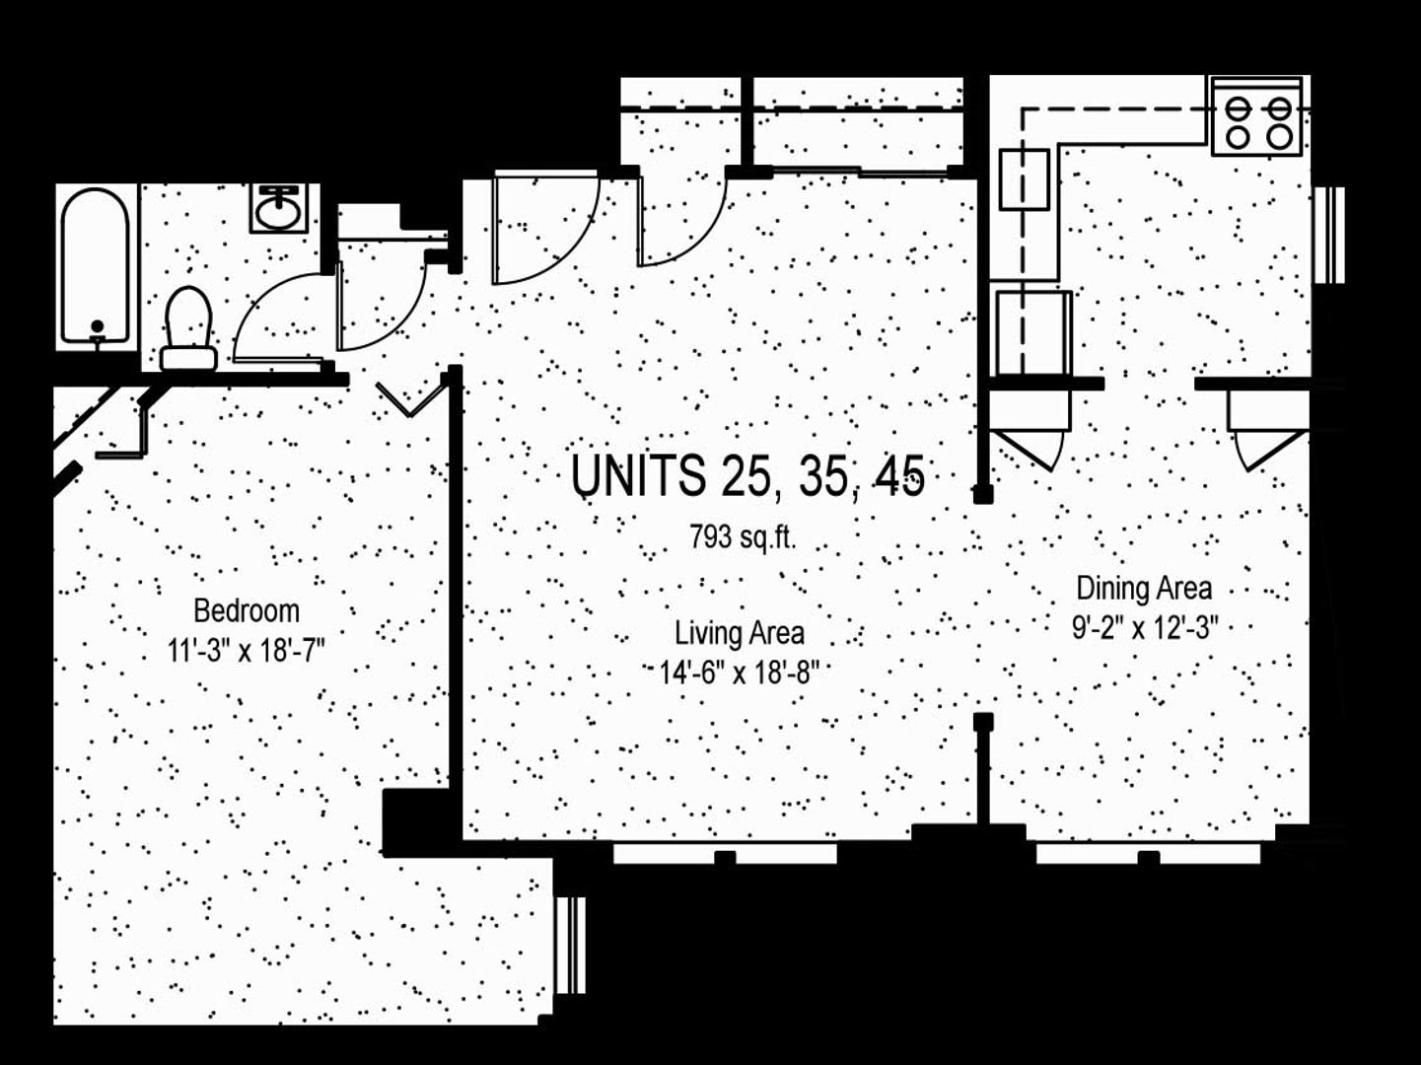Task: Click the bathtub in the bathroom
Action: click(x=95, y=266)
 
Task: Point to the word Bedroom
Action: click(x=246, y=611)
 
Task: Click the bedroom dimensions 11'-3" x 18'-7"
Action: click(x=246, y=651)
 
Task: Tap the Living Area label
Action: click(x=739, y=632)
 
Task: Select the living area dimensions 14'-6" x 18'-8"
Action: click(x=739, y=674)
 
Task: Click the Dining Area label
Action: click(x=1143, y=589)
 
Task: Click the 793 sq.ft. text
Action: click(x=743, y=537)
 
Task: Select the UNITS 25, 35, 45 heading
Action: click(x=747, y=476)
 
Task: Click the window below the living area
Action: click(x=725, y=853)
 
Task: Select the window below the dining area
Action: click(x=1148, y=853)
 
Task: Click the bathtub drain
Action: click(x=97, y=326)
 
